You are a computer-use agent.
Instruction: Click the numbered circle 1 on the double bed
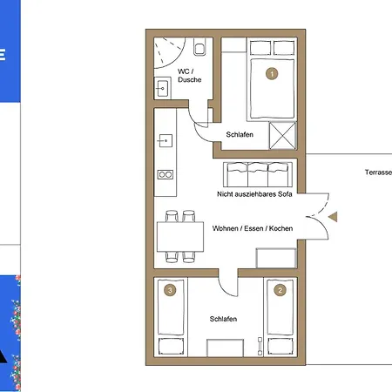[272, 74]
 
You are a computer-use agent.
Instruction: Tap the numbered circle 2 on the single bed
[280, 290]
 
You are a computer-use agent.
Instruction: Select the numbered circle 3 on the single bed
[170, 290]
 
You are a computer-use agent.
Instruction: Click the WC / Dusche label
[189, 76]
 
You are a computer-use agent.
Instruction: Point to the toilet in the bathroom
[199, 47]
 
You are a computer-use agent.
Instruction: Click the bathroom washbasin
[162, 88]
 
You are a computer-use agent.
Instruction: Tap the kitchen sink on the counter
[165, 141]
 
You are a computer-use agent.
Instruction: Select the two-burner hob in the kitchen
[166, 174]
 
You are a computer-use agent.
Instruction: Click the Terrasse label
[378, 172]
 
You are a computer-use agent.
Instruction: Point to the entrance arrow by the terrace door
[333, 217]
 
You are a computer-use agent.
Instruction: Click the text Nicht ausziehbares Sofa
[254, 194]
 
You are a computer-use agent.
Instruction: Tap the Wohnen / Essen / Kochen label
[253, 228]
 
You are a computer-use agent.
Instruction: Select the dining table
[180, 237]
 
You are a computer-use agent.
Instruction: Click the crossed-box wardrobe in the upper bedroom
[282, 136]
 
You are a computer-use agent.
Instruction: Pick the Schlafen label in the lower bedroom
[223, 319]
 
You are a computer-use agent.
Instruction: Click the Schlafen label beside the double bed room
[240, 134]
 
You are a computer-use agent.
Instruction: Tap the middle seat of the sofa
[258, 174]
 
